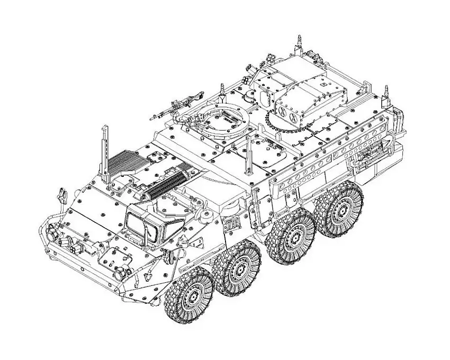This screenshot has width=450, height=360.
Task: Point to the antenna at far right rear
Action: [386, 93]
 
